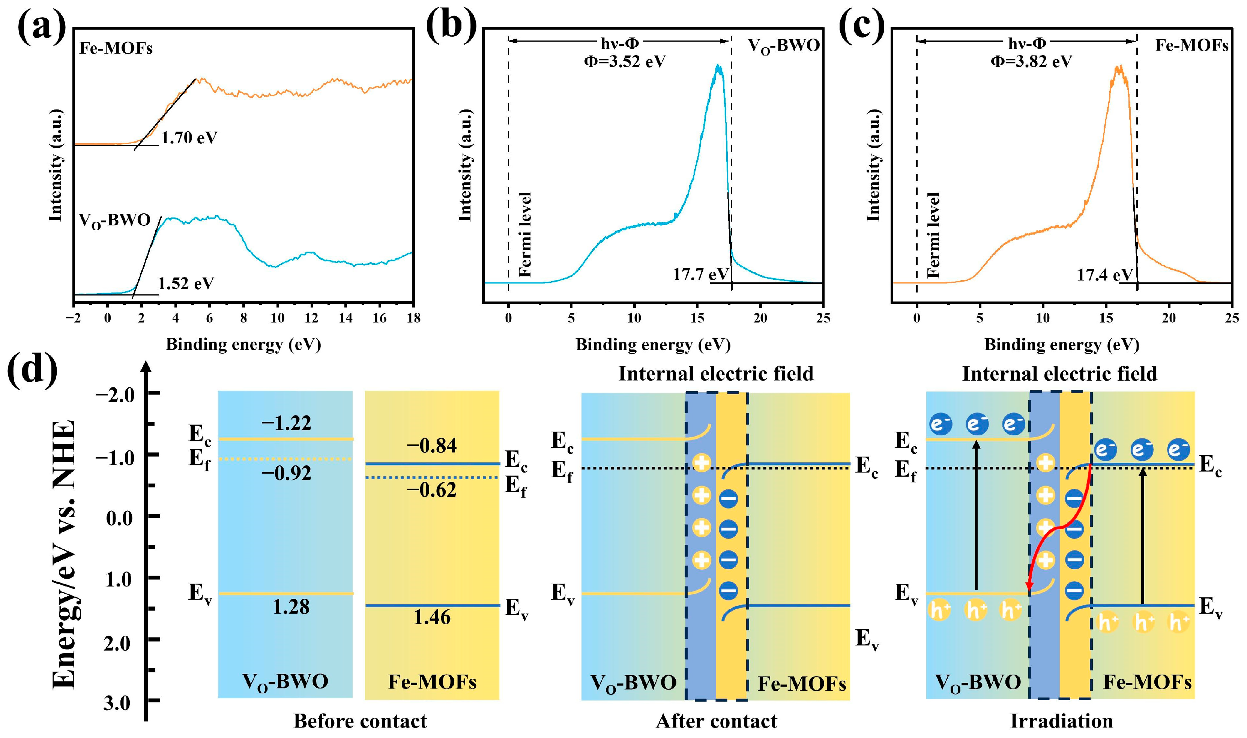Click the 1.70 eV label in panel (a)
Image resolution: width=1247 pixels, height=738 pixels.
point(189,138)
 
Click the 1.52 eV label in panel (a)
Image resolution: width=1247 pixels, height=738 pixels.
point(186,283)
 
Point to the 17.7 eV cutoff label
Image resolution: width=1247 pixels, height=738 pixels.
point(700,274)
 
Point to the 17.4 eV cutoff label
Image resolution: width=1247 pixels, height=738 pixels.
point(1104,274)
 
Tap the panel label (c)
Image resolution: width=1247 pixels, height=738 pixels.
point(861,26)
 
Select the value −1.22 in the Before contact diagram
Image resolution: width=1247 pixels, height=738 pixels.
point(287,423)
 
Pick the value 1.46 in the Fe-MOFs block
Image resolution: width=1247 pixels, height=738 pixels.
point(432,618)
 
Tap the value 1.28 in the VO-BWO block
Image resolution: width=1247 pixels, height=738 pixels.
point(291,607)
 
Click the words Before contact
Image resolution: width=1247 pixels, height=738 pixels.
point(360,721)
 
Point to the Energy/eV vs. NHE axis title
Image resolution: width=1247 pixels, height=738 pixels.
point(65,555)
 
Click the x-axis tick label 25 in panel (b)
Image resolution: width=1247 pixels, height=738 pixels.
point(823,318)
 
